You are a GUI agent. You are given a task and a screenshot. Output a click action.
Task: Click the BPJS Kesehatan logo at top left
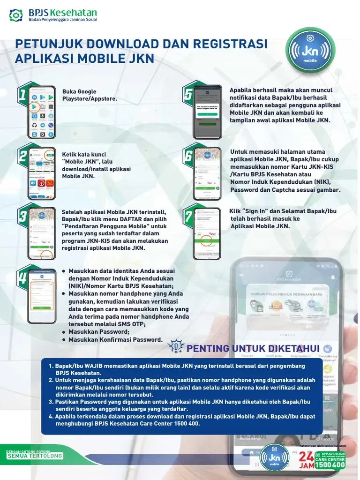tap(52, 15)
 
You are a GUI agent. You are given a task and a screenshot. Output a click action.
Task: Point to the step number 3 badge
tap(22, 216)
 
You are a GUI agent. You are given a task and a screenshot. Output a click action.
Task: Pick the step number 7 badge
tap(188, 216)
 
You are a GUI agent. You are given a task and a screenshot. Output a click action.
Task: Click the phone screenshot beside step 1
tap(42, 112)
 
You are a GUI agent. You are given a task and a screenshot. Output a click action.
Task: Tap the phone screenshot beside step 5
tap(207, 112)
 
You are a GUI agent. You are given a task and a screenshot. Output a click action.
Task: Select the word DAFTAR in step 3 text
tap(126, 219)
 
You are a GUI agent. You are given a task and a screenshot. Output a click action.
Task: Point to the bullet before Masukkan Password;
tap(63, 332)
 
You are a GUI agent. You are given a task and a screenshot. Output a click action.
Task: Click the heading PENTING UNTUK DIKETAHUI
tap(253, 348)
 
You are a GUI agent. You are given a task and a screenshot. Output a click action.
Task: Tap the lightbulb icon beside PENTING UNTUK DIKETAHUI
tap(176, 347)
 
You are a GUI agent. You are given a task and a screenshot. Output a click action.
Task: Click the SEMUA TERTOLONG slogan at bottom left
tap(35, 456)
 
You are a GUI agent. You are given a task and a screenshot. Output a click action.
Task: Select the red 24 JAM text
tap(306, 460)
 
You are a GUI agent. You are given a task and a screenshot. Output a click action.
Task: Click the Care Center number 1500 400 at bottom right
tap(330, 465)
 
